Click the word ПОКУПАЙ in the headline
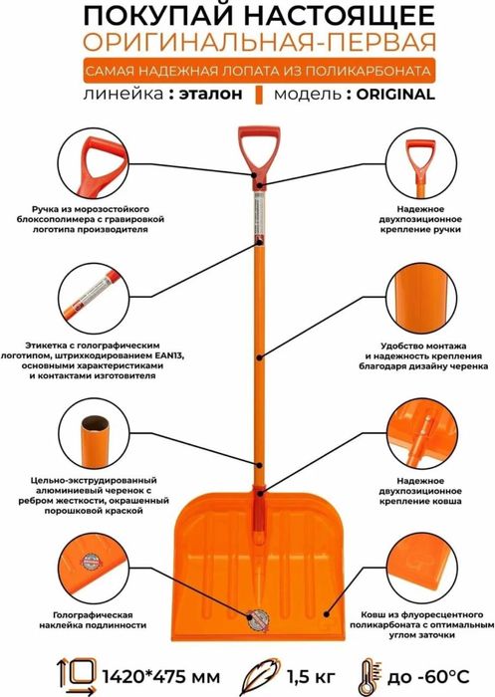coord(158,17)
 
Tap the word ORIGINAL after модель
coord(395,95)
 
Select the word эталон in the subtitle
coord(211,95)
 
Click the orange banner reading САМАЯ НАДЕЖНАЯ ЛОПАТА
coord(259,71)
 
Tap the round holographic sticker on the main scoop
coord(258,619)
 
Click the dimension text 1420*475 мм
coord(161,677)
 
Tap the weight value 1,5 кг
coord(311,677)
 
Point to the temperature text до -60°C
coord(428,677)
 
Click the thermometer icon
coord(368,677)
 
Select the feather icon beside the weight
coord(261,676)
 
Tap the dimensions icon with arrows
coord(78,676)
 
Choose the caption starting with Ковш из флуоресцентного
coord(421,625)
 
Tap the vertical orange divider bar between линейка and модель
coord(259,95)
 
